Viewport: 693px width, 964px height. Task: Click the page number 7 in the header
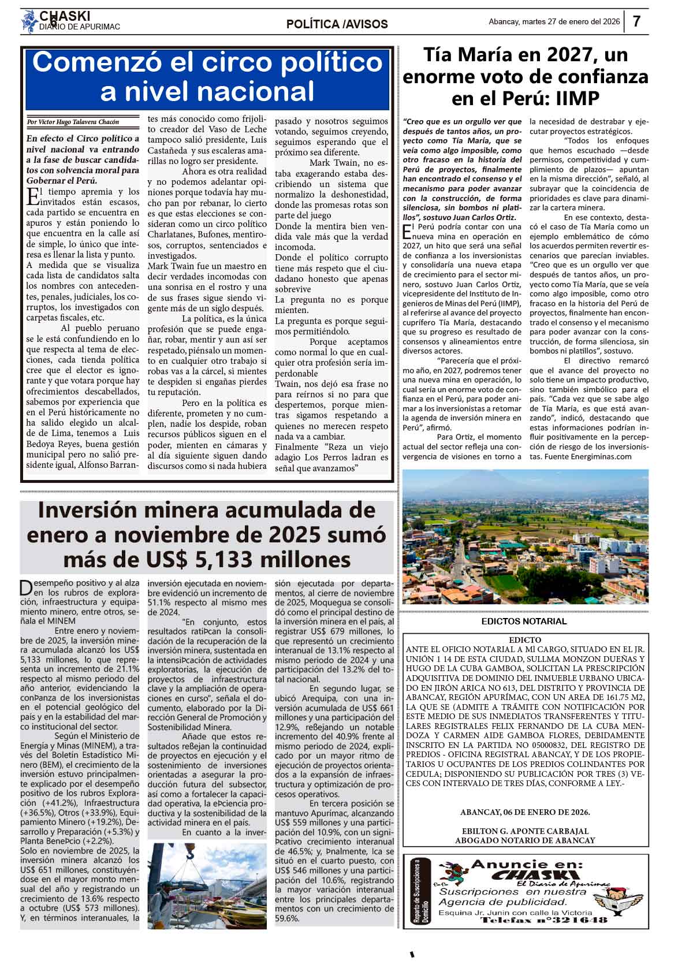[636, 21]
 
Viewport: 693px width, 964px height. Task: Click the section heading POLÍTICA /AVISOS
[337, 24]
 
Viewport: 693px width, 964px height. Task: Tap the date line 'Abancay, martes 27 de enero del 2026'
[554, 22]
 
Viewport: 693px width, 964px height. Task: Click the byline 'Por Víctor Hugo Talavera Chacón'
[73, 122]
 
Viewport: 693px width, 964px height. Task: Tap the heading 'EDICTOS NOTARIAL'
[524, 621]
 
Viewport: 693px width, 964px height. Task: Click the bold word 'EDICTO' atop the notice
[525, 640]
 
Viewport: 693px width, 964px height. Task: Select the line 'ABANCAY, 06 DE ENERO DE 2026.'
[525, 812]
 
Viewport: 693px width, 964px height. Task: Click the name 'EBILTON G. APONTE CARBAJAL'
[525, 831]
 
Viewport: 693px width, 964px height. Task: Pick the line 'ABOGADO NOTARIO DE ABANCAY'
[525, 840]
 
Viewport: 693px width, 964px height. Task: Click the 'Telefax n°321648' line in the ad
[544, 920]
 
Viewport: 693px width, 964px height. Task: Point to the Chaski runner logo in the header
[29, 22]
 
